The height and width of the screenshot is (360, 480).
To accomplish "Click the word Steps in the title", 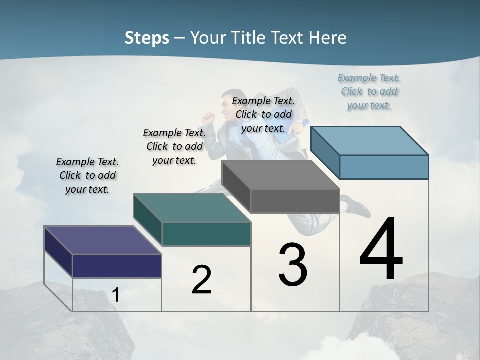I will (x=147, y=38).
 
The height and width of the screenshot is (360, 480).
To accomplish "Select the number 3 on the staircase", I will (x=293, y=265).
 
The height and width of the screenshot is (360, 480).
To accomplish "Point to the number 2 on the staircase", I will (x=202, y=280).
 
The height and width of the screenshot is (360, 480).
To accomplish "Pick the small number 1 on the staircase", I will (x=116, y=295).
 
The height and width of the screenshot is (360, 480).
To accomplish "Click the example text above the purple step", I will (x=87, y=175).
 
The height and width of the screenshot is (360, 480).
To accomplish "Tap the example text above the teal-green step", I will (x=174, y=146).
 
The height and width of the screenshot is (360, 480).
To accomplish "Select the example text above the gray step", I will (x=264, y=114).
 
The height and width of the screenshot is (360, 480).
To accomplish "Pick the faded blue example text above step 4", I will (x=369, y=91).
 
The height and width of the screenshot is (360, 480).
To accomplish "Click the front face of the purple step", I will (x=117, y=266).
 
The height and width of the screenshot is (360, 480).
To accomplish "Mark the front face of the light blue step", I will (x=384, y=167).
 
